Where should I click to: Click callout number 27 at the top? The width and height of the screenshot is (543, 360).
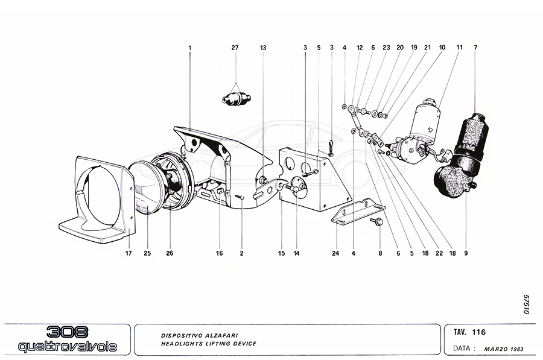click(x=235, y=47)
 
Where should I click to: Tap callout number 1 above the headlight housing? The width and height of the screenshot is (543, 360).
click(x=189, y=47)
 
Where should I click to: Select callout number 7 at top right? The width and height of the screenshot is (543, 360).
click(x=475, y=47)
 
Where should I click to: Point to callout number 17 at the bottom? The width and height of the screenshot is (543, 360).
click(x=129, y=253)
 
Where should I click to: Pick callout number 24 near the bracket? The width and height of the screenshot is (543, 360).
click(x=335, y=253)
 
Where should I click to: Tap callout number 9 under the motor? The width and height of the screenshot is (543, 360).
click(x=466, y=253)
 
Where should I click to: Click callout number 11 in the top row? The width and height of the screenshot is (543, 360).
click(x=459, y=47)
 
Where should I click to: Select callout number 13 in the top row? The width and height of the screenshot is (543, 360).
click(x=263, y=47)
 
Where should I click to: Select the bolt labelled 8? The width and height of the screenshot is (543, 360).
click(x=377, y=222)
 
